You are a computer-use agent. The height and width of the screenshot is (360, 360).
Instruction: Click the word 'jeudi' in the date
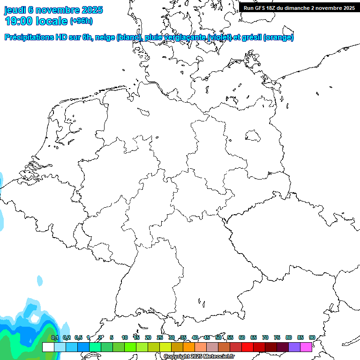tap(15, 10)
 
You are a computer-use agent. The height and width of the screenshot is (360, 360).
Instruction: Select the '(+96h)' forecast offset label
tap(81, 21)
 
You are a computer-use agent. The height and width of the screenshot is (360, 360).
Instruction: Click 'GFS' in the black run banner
tap(262, 8)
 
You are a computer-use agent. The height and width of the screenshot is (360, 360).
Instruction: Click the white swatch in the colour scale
tap(48, 347)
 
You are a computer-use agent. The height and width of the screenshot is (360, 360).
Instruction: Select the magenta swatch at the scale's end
tap(306, 347)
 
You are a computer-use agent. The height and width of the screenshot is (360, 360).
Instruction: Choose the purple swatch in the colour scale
tap(294, 347)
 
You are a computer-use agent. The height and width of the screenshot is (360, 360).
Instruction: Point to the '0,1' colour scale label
tap(55, 338)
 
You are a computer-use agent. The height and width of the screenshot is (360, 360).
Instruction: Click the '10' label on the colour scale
tap(125, 338)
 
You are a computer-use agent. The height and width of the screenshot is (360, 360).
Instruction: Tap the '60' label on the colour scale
tap(242, 338)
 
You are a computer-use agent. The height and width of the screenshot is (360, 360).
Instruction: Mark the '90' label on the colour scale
tap(312, 338)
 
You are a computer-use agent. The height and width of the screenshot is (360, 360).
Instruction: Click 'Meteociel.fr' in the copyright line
tap(219, 357)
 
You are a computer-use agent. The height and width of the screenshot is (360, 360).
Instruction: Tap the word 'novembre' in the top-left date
tap(59, 10)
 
